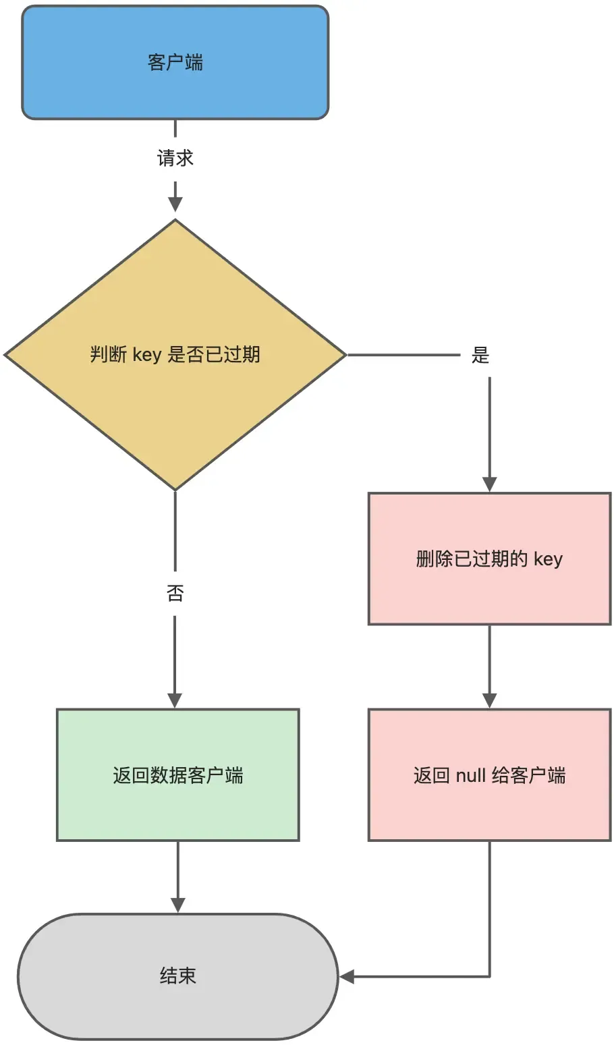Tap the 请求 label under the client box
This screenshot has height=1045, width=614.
tap(175, 159)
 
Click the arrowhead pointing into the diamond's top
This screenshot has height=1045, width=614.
tap(175, 204)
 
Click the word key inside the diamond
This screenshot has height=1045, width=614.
tap(146, 355)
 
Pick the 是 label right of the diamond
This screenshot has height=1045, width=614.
tap(480, 356)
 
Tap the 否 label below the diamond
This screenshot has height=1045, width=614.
tap(175, 594)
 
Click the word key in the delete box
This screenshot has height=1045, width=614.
tap(548, 559)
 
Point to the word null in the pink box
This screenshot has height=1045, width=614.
tap(470, 775)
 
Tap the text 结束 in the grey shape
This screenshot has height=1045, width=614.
tap(177, 976)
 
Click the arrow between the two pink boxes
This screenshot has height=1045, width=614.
tap(489, 665)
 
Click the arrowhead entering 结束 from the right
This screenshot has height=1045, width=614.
tap(347, 976)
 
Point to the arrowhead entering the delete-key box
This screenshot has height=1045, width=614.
tap(489, 484)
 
